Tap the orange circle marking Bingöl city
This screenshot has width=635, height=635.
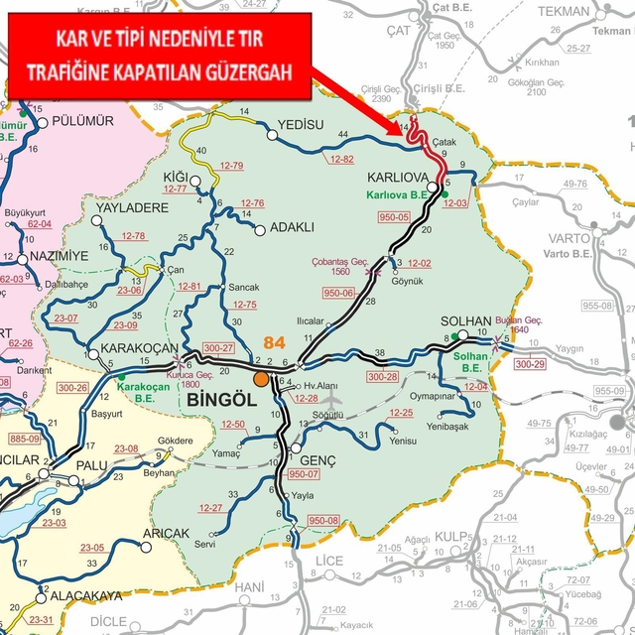pyautogui.click(x=261, y=378)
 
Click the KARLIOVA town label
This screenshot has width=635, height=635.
pyautogui.click(x=397, y=176)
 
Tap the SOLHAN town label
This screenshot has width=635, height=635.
pyautogui.click(x=463, y=323)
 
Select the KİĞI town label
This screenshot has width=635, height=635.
pyautogui.click(x=175, y=177)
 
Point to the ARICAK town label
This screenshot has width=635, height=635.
pyautogui.click(x=166, y=533)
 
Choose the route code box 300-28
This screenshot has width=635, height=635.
pyautogui.click(x=383, y=377)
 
